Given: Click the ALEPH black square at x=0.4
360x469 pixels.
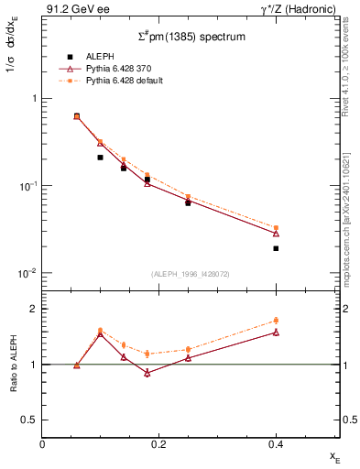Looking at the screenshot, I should pos(276,248).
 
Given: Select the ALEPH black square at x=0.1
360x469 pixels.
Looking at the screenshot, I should pos(101,158).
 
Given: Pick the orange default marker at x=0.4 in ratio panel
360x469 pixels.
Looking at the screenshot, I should pos(276,321).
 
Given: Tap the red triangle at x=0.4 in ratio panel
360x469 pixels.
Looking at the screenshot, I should pos(276,333).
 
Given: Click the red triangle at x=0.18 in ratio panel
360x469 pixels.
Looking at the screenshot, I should pos(147,373).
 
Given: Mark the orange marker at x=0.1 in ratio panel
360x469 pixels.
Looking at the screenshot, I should pos(101,330).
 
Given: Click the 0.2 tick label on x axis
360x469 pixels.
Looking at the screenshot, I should pos(158,444).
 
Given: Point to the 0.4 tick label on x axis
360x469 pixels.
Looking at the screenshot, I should pos(276,444).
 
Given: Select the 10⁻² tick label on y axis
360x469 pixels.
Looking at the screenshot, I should pos(27,273).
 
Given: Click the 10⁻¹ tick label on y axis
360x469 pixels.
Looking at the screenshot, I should pos(27,186).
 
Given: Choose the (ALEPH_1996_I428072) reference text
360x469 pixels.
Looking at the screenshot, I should pos(191,274).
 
